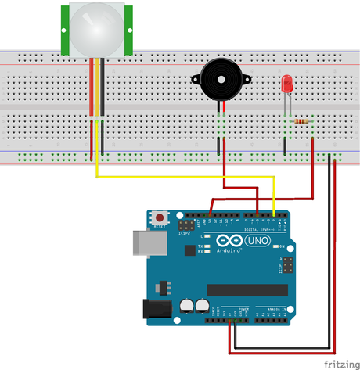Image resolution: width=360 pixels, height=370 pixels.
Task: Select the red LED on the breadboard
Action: pos(287,83)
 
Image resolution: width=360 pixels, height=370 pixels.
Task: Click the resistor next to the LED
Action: pos(301,120)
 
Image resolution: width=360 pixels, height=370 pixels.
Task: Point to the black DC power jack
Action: pos(154,310)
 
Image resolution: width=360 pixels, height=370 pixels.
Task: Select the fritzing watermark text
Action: pos(340,363)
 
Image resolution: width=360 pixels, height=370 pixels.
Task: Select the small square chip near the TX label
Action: pos(189,250)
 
